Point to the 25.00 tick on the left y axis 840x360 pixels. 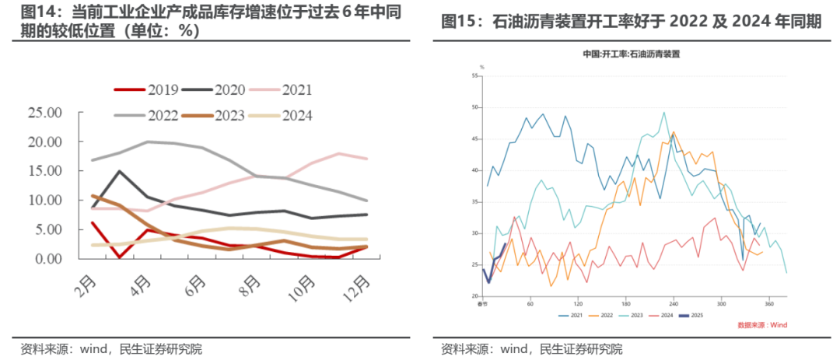[x=44, y=113]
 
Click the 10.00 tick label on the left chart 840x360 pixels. [x=44, y=201]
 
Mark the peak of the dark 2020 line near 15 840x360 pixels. [x=119, y=171]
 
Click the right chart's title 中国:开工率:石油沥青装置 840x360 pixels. [x=632, y=54]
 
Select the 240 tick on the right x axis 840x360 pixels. [x=674, y=303]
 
